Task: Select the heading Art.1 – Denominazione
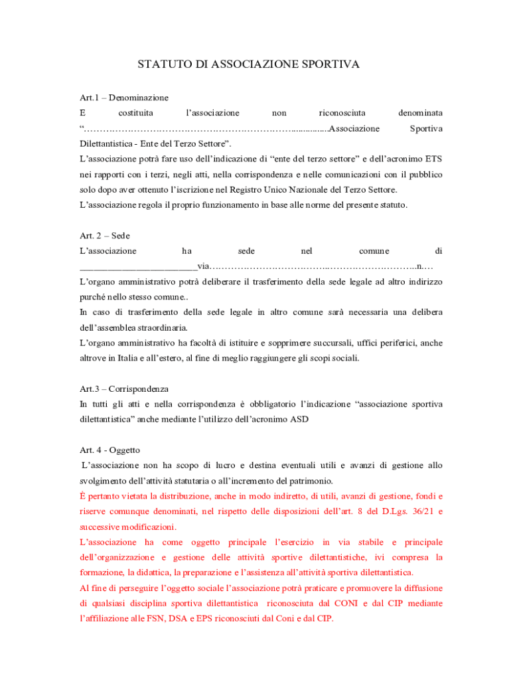click(123, 98)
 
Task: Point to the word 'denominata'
click(419, 113)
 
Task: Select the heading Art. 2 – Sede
click(104, 236)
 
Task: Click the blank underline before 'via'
click(138, 266)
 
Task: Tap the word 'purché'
click(93, 297)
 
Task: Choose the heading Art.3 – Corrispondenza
click(123, 388)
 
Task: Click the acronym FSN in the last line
click(165, 618)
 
